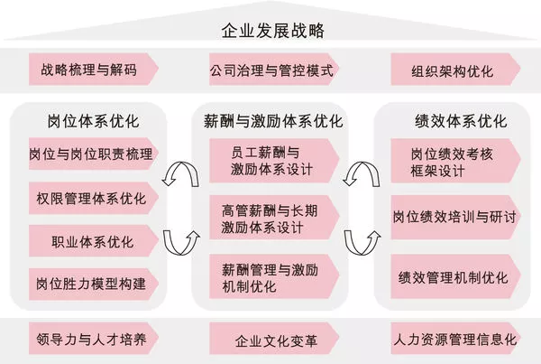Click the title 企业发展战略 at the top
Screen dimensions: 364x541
point(271,31)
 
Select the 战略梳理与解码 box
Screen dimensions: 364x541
point(90,70)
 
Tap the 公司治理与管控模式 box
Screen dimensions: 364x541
point(271,70)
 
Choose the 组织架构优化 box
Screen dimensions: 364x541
point(453,70)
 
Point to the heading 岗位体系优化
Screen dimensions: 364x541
point(87,121)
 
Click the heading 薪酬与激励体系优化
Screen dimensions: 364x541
point(271,121)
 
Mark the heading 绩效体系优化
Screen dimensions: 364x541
point(453,121)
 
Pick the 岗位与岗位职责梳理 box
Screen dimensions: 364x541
point(90,154)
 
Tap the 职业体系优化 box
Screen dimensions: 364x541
point(90,241)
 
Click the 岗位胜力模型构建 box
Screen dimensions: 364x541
point(90,283)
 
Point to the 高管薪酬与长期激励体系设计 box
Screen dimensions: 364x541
point(270,218)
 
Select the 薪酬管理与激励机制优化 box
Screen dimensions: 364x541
point(270,275)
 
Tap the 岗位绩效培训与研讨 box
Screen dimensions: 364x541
point(453,218)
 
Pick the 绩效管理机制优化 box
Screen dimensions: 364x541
point(453,275)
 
